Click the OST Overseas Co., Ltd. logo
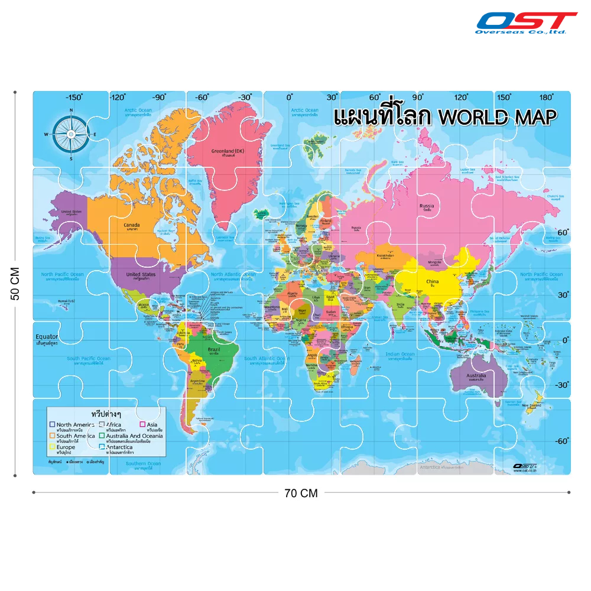(526, 23)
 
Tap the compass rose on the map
(71, 134)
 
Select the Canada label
(131, 225)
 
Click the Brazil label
(213, 349)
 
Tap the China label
(433, 282)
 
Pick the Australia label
(476, 375)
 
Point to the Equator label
(47, 337)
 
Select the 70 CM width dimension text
(301, 493)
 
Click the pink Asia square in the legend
(142, 424)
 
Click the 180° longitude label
(546, 98)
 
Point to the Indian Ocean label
(400, 355)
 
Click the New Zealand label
(531, 405)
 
